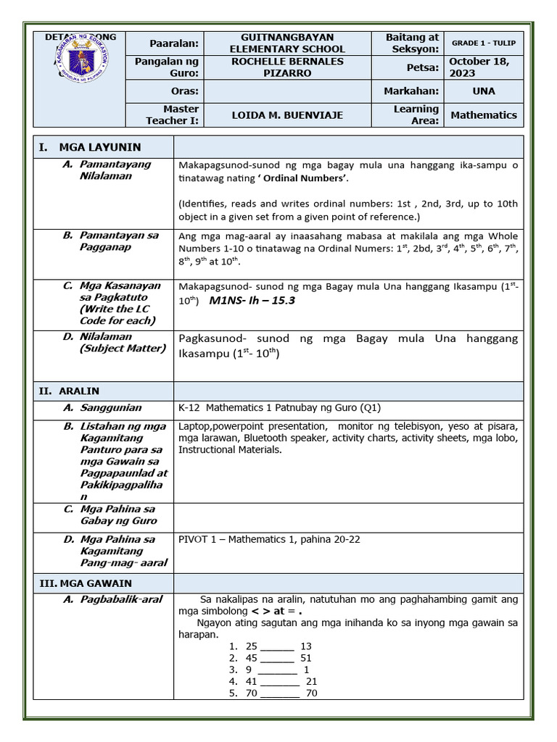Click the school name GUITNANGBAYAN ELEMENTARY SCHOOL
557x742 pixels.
tap(287, 43)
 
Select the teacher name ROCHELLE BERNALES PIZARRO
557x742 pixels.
tap(287, 67)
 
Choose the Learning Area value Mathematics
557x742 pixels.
tap(483, 115)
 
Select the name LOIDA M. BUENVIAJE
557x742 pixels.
tap(287, 115)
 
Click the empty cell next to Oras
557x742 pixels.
tap(287, 91)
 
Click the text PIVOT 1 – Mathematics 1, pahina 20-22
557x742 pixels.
tap(268, 540)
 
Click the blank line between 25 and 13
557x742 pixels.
tap(277, 646)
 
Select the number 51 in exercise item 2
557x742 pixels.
tap(305, 658)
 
